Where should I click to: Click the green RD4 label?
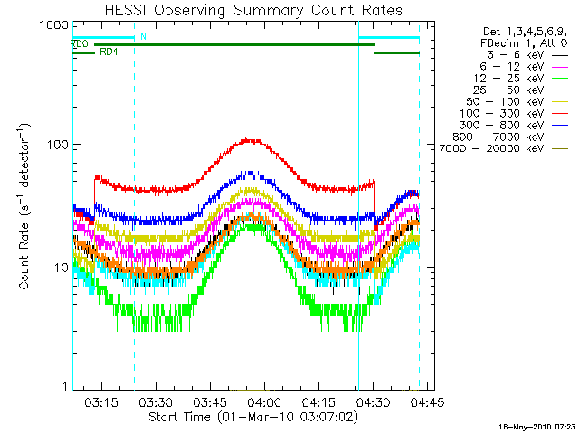108,52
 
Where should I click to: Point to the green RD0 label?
79,43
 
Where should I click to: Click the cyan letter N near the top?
142,36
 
